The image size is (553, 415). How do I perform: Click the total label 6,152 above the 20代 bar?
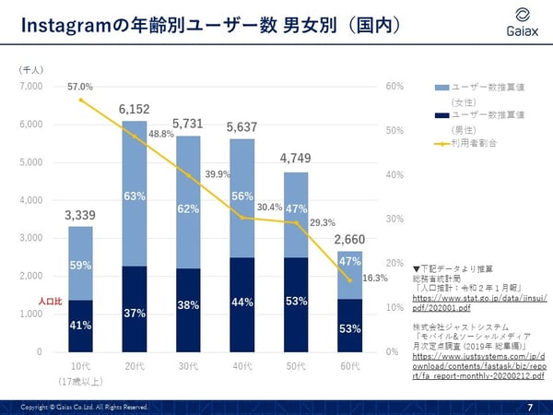pyautogui.click(x=135, y=110)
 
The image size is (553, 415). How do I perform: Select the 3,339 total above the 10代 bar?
pyautogui.click(x=79, y=216)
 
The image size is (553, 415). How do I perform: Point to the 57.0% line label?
pyautogui.click(x=80, y=86)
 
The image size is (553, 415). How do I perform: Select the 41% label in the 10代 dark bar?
pyautogui.click(x=80, y=325)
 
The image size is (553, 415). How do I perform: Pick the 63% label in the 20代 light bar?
pyautogui.click(x=135, y=196)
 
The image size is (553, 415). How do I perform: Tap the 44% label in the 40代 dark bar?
pyautogui.click(x=242, y=302)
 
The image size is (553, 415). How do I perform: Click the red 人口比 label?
pyautogui.click(x=52, y=301)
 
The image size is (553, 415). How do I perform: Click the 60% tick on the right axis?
pyautogui.click(x=395, y=87)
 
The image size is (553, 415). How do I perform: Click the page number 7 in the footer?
pyautogui.click(x=530, y=407)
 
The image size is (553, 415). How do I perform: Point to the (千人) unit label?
pyautogui.click(x=31, y=68)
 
